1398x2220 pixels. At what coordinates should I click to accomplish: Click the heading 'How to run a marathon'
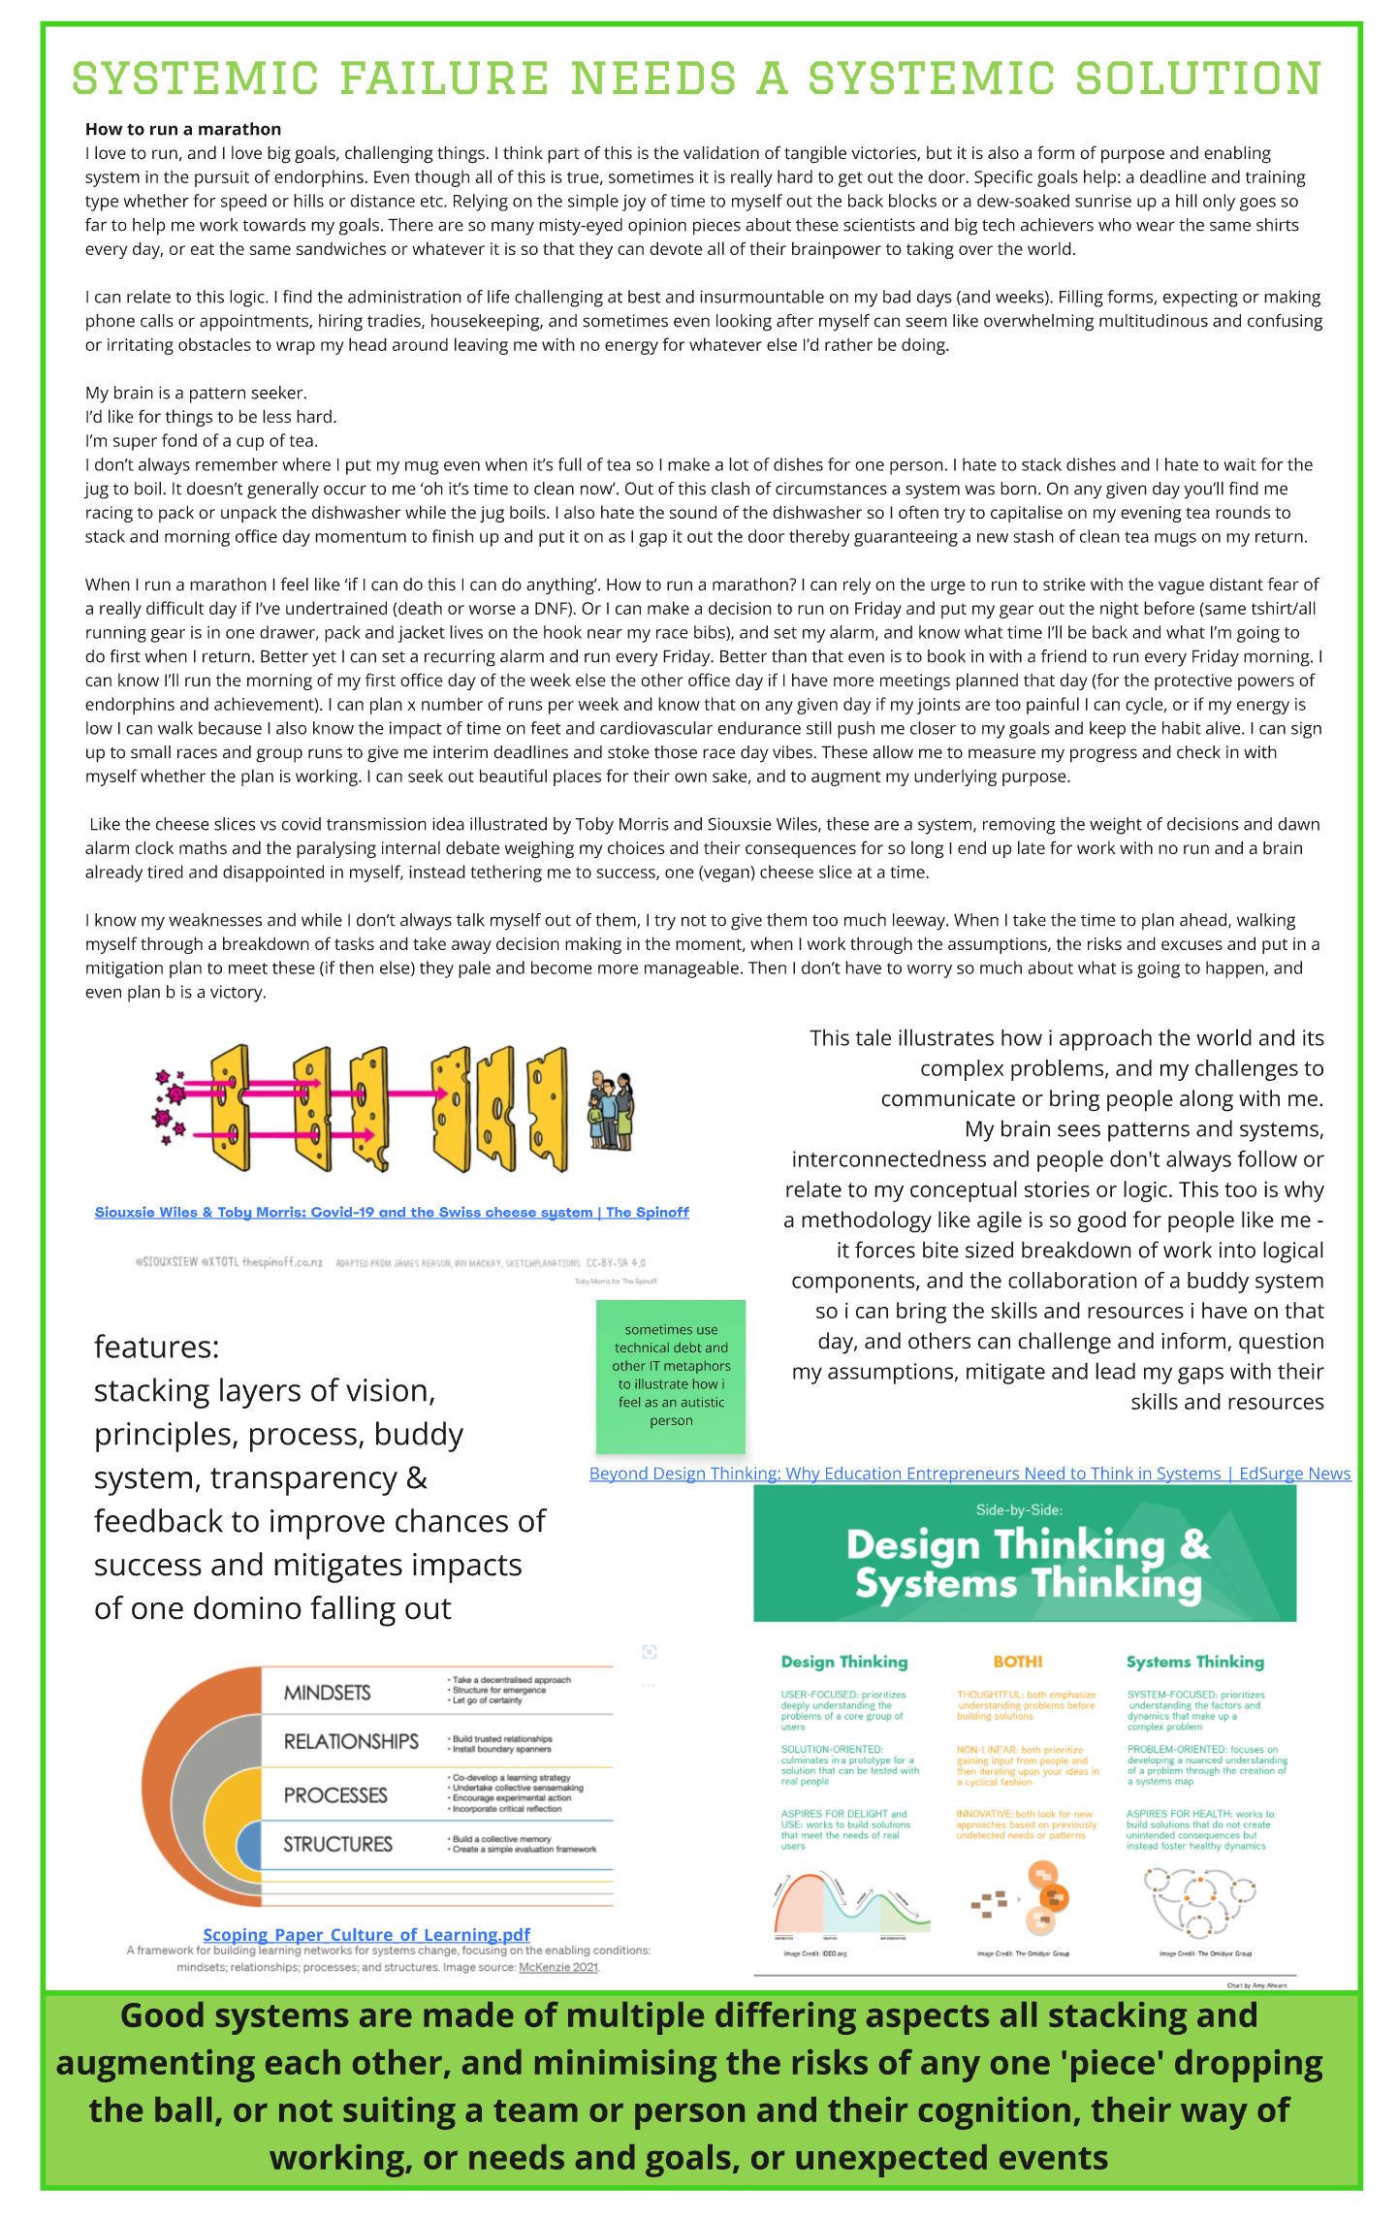(x=183, y=129)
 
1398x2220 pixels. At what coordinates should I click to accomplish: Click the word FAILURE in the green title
(x=444, y=79)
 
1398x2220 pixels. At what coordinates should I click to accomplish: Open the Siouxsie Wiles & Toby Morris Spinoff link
(x=392, y=1212)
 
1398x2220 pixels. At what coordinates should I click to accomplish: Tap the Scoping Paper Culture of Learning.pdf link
(x=366, y=1934)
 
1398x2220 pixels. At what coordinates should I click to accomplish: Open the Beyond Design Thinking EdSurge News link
(x=969, y=1474)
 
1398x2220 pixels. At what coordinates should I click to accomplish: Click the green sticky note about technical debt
(x=671, y=1376)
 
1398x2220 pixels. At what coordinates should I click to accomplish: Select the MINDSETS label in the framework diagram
(x=327, y=1693)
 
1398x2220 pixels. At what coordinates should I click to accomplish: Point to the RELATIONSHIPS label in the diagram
(x=351, y=1741)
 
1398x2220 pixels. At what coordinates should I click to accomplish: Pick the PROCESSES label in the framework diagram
(x=335, y=1794)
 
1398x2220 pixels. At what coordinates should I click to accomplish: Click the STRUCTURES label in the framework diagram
(x=337, y=1844)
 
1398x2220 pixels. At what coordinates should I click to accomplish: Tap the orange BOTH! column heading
(x=1018, y=1662)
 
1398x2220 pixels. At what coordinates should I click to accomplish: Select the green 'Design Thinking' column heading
(x=844, y=1662)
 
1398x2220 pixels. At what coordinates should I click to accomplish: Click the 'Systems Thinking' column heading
(x=1194, y=1662)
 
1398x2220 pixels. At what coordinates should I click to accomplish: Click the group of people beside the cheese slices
(x=611, y=1110)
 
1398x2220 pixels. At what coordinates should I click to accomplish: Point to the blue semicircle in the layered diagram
(x=250, y=1846)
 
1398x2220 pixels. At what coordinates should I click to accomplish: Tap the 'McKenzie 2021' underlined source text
(x=558, y=1967)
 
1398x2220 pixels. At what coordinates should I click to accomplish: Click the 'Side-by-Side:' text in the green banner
(x=1019, y=1509)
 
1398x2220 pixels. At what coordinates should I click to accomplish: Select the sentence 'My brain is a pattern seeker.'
(x=196, y=393)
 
